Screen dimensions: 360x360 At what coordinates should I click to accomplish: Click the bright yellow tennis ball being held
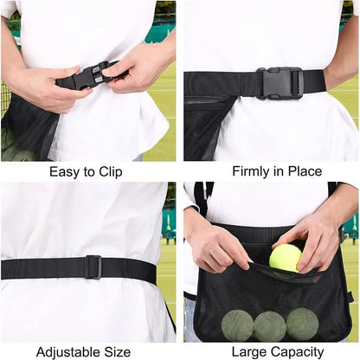pos(285,257)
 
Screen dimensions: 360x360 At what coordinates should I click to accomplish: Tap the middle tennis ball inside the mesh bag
pos(269,325)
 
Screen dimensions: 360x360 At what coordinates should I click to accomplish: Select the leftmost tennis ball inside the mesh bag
pos(236,324)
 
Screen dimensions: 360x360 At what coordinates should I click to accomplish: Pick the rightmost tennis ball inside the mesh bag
pos(302,324)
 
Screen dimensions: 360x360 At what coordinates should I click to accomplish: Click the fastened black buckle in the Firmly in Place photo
pos(279,83)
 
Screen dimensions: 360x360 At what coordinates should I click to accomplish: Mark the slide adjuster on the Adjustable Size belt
pos(93,267)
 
